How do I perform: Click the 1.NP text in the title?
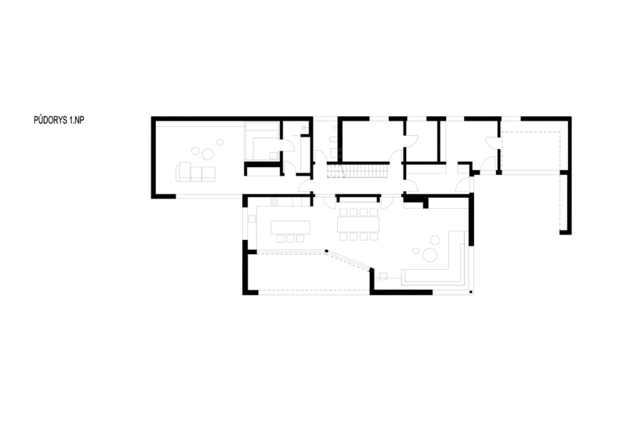77,120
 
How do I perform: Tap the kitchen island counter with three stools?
290,227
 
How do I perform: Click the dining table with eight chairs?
358,224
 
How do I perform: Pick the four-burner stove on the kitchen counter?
274,202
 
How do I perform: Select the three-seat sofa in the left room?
195,172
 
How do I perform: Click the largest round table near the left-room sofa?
208,154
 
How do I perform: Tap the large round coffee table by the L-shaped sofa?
430,255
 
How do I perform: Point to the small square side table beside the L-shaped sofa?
383,276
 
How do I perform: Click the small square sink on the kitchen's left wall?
252,219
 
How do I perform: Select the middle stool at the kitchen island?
290,238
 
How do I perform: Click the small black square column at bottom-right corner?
471,292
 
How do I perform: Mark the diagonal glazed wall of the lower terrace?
348,260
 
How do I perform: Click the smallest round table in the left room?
219,142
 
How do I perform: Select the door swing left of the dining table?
329,202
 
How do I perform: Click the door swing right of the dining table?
386,202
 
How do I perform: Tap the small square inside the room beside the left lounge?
274,155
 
